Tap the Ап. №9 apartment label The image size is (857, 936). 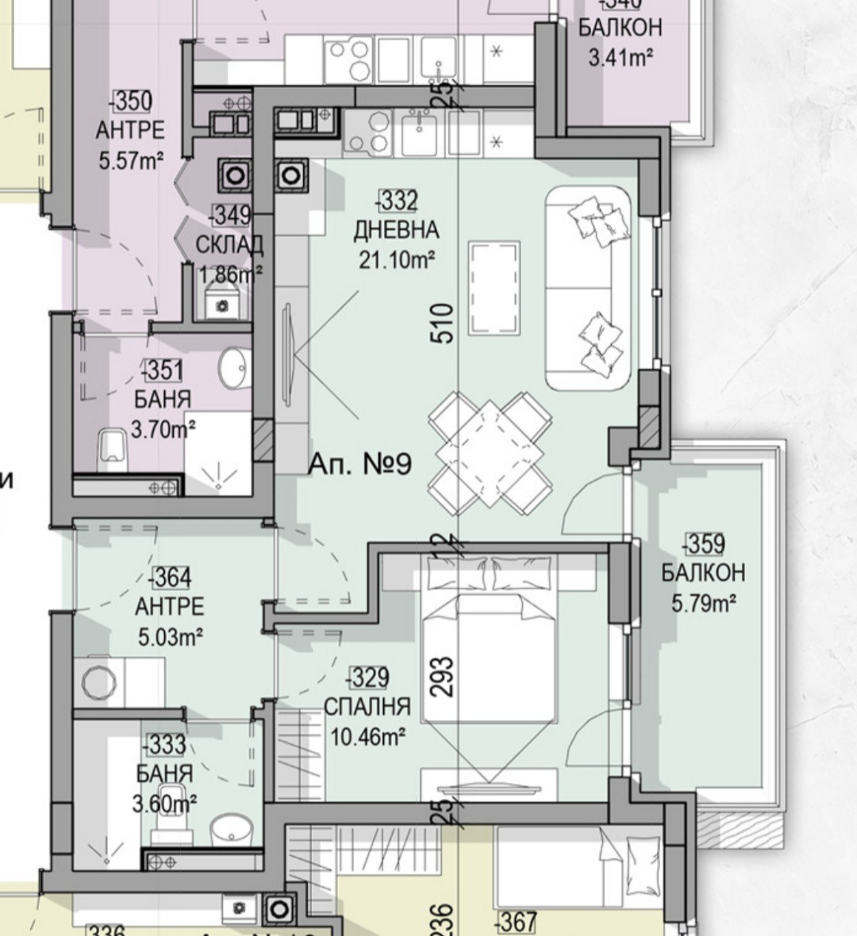pyautogui.click(x=359, y=463)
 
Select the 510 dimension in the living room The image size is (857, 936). pyautogui.click(x=444, y=323)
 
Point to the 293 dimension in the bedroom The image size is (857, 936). pyautogui.click(x=444, y=676)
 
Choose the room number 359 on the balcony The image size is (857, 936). pyautogui.click(x=703, y=544)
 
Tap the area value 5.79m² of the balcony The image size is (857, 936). pyautogui.click(x=703, y=604)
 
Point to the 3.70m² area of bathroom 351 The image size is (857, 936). pyautogui.click(x=163, y=430)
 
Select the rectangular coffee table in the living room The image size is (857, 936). pyautogui.click(x=496, y=290)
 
